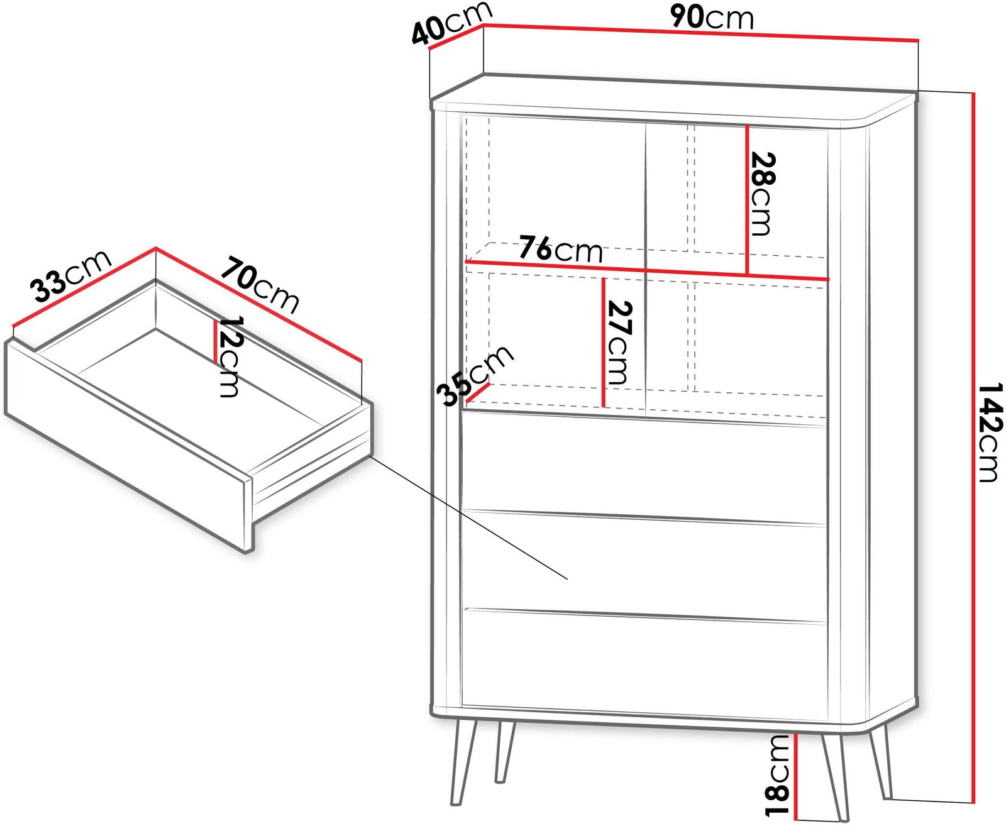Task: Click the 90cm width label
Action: (712, 17)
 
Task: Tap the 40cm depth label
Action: (451, 24)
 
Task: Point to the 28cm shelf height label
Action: (762, 194)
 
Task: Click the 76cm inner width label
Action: (561, 248)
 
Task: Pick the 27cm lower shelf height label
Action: (619, 343)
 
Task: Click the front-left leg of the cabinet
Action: (461, 761)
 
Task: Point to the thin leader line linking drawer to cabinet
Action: (468, 517)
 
